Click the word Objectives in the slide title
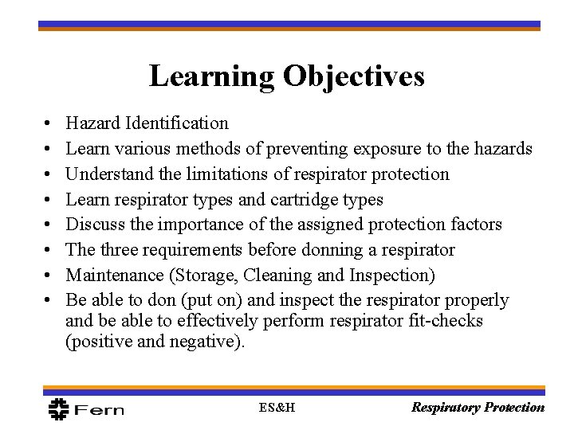pyautogui.click(x=353, y=76)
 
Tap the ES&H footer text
pyautogui.click(x=276, y=408)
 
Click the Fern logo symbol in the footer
pyautogui.click(x=58, y=408)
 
